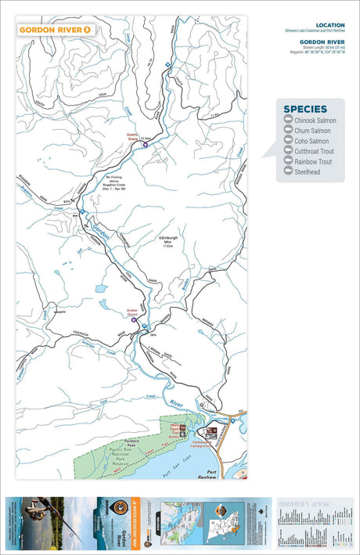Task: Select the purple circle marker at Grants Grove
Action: (x=145, y=144)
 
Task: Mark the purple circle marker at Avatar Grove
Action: (x=134, y=319)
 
